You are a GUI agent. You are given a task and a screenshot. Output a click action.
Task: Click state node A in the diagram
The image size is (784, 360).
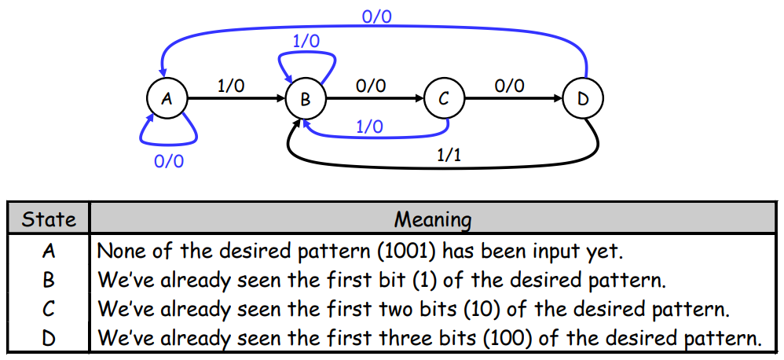tap(166, 98)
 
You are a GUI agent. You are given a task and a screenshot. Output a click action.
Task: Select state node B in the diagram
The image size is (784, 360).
tap(305, 99)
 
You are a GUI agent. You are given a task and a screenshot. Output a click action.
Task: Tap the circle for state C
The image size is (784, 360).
tap(444, 99)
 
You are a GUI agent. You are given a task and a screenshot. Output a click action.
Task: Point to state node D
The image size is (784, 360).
tap(583, 99)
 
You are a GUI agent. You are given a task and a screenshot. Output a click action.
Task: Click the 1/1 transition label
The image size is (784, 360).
tap(449, 155)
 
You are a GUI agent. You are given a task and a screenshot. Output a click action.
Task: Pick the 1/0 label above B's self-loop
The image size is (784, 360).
tap(306, 41)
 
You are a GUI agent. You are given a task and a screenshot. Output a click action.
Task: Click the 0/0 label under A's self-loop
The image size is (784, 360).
tap(169, 161)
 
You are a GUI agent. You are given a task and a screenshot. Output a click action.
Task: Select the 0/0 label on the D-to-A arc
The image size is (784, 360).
tap(377, 15)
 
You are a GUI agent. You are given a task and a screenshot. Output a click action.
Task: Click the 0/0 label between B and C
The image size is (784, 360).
tap(371, 86)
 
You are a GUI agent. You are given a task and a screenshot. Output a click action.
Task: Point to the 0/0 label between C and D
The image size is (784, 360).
tap(510, 86)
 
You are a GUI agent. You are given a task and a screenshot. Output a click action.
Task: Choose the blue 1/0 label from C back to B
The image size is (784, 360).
tap(369, 126)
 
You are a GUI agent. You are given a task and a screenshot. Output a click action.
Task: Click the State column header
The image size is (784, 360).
tap(49, 219)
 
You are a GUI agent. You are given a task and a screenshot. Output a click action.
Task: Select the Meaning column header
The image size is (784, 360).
tap(433, 219)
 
